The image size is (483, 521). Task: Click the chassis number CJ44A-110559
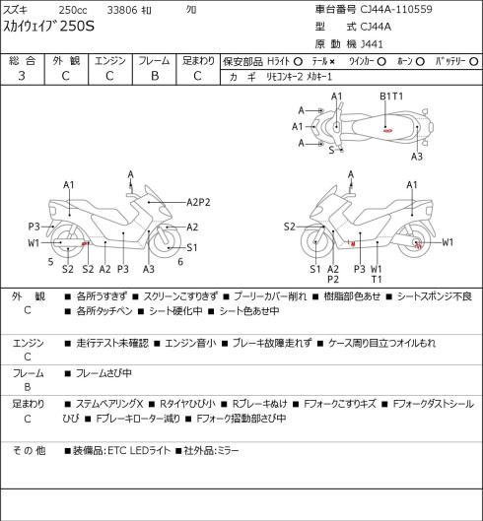click(x=396, y=9)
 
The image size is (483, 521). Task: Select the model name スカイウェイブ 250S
click(x=49, y=27)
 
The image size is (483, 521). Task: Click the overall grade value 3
click(x=22, y=76)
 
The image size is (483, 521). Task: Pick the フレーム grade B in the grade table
click(x=155, y=76)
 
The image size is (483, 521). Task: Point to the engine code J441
click(x=372, y=44)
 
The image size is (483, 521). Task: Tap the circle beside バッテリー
click(x=475, y=62)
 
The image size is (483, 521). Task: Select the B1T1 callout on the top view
click(x=391, y=97)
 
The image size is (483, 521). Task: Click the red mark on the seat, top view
click(x=387, y=131)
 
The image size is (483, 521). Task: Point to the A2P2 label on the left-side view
click(x=198, y=202)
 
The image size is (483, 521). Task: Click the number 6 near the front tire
click(x=180, y=262)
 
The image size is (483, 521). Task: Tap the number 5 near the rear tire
click(x=50, y=262)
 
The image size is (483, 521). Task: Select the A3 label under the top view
click(x=417, y=157)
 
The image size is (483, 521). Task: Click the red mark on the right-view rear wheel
click(x=418, y=245)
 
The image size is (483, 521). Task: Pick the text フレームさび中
click(x=103, y=373)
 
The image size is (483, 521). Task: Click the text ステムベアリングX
click(x=109, y=404)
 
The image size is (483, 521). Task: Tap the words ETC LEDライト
click(x=139, y=450)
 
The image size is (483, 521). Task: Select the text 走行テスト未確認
click(x=112, y=343)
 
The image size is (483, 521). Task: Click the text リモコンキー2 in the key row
click(x=285, y=77)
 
